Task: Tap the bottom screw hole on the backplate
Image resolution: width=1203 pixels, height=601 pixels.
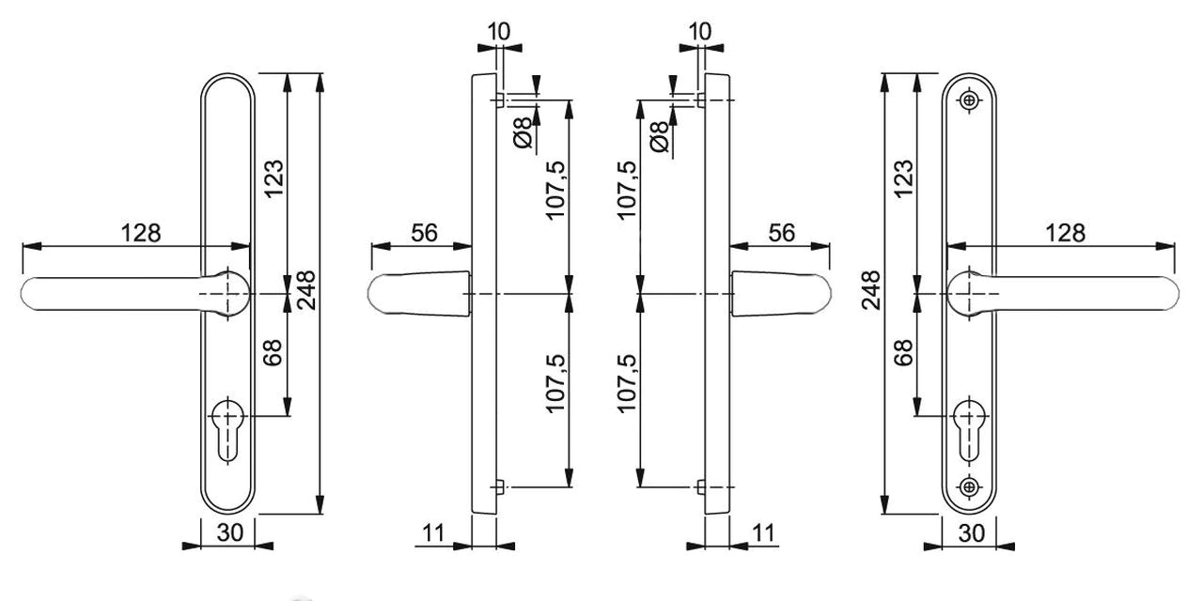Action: tap(969, 485)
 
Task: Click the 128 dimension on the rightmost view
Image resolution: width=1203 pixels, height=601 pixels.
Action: tap(1065, 232)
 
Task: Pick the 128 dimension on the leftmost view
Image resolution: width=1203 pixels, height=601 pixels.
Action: tap(141, 232)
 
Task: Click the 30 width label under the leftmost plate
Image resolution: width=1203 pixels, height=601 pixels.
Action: tap(230, 532)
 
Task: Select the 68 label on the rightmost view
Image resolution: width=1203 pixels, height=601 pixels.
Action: tap(903, 352)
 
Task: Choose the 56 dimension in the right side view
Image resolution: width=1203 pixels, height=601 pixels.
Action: tap(782, 232)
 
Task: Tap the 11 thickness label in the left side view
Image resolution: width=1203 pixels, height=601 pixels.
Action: tap(432, 532)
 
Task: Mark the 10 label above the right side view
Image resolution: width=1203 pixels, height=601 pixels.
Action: tap(700, 31)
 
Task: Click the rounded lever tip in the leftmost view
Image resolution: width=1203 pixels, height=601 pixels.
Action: tap(34, 294)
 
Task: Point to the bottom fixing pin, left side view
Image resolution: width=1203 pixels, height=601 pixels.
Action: tap(499, 486)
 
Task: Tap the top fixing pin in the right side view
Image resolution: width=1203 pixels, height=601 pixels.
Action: tap(700, 99)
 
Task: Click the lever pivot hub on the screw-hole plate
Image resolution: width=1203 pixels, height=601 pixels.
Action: tap(967, 294)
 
